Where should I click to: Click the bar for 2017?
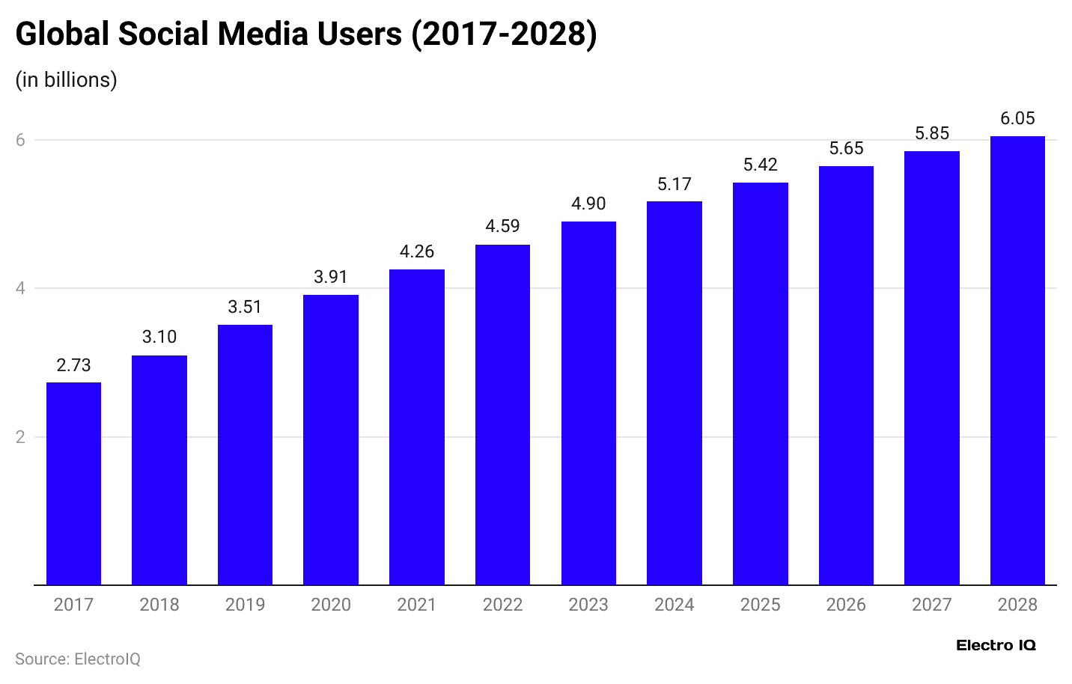(x=73, y=483)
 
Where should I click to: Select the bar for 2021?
(x=416, y=427)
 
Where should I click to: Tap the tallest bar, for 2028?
(x=1017, y=360)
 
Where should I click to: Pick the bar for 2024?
(x=674, y=393)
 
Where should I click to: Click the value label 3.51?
(x=245, y=307)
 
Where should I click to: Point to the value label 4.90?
(x=588, y=204)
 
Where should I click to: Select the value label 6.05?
(x=1017, y=118)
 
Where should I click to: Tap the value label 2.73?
(x=73, y=365)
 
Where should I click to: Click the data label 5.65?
(x=846, y=148)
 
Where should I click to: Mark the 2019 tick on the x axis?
(x=245, y=605)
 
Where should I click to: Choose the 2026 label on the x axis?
(x=846, y=605)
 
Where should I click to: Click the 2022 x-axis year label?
(x=502, y=605)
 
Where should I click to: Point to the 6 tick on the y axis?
(x=20, y=140)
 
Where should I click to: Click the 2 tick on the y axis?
(x=20, y=437)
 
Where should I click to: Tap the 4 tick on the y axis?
(x=20, y=288)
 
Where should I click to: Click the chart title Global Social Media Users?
(x=306, y=34)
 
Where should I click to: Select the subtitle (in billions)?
(x=66, y=79)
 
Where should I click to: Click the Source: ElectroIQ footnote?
(x=78, y=659)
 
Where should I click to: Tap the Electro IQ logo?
(x=996, y=645)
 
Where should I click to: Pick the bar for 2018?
(x=159, y=470)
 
